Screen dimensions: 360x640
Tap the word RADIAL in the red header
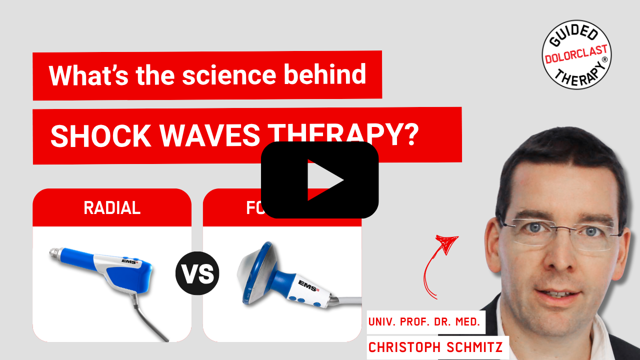112,208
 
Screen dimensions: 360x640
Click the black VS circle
197,273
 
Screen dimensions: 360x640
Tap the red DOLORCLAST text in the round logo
576,55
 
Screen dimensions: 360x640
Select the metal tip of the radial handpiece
54,254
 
